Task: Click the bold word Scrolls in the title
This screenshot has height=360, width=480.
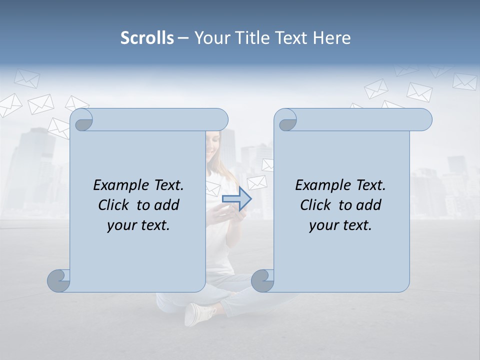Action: tap(147, 38)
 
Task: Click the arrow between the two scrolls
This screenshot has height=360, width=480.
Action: tap(236, 198)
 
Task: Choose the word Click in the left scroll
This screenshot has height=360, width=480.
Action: tap(115, 205)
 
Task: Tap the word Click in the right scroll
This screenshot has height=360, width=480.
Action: tap(317, 205)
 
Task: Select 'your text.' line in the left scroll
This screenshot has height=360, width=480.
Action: tap(138, 225)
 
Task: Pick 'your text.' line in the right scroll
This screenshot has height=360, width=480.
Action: tap(340, 225)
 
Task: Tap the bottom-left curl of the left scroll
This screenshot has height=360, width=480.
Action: tap(59, 281)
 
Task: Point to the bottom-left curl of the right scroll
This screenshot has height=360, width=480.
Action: tap(262, 281)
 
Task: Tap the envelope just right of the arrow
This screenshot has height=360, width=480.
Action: tap(257, 182)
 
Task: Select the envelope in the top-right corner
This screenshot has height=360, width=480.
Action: tap(464, 81)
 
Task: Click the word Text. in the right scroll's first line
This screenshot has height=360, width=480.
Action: tap(370, 185)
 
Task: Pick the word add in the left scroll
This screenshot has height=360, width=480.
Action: tap(167, 205)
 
